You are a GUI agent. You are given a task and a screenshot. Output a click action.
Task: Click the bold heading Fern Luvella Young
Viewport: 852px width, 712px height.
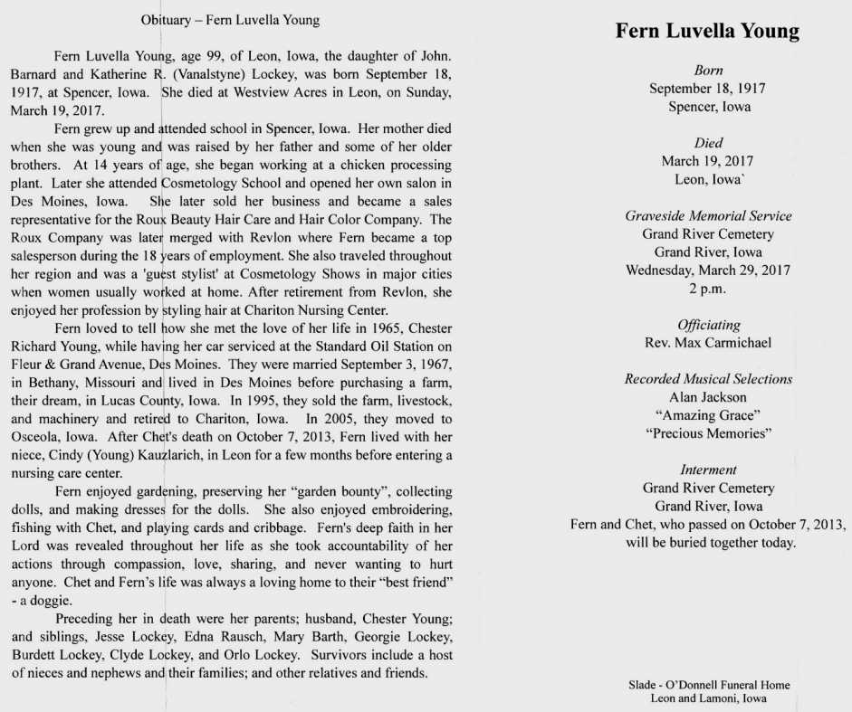707,32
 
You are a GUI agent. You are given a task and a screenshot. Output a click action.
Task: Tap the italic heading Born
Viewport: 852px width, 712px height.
708,70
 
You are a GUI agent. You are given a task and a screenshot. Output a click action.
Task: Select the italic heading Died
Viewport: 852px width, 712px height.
708,143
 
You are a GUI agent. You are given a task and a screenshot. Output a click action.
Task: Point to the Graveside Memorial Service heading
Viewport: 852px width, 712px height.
708,216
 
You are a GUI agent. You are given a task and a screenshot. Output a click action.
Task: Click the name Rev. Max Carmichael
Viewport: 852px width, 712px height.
708,343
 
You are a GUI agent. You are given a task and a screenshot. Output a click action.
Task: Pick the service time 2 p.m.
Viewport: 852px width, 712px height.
708,289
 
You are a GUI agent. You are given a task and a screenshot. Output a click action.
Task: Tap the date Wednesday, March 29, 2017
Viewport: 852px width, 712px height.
708,271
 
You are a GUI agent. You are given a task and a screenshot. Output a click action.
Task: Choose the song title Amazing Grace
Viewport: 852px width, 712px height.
708,415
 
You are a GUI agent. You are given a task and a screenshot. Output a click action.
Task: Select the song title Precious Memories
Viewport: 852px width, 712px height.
708,433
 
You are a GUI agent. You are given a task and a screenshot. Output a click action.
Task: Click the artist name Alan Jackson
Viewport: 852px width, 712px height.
708,397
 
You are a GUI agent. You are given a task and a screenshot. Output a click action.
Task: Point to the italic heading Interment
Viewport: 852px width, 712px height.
708,470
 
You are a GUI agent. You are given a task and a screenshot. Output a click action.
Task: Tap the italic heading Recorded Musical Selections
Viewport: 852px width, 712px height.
708,379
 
